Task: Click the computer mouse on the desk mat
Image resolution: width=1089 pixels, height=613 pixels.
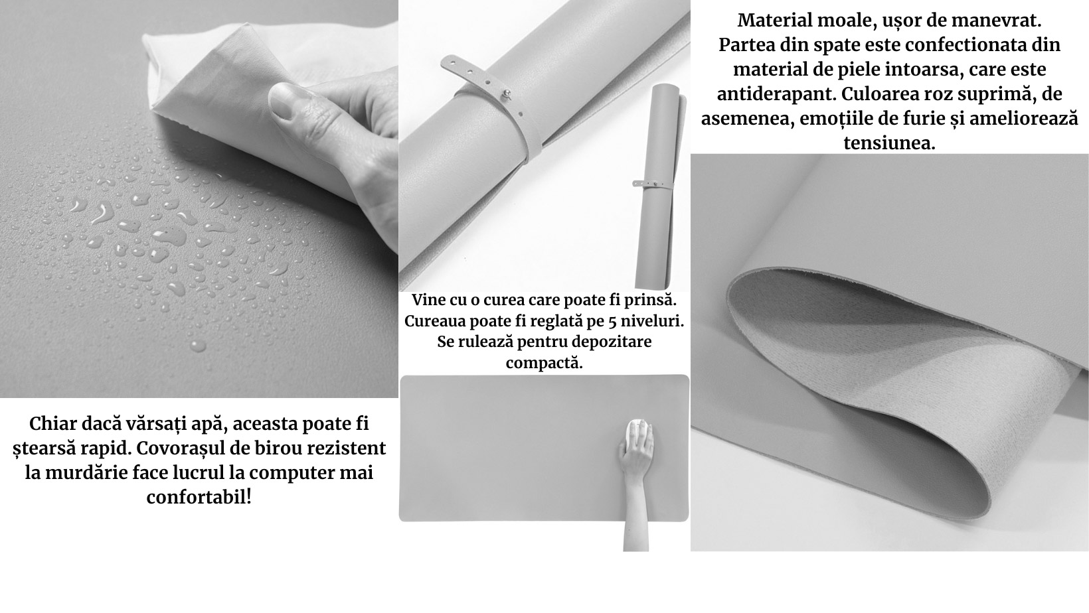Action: tap(639, 434)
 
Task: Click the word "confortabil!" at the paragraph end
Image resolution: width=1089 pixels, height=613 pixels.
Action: tap(199, 497)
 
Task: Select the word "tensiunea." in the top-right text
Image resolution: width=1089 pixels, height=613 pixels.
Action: tap(889, 143)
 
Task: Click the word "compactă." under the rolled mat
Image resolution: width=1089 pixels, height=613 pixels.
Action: tap(544, 363)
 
